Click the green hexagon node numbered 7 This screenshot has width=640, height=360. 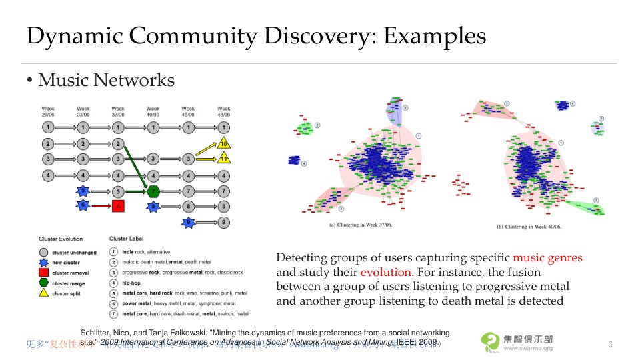tap(153, 191)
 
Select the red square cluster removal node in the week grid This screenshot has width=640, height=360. tap(118, 206)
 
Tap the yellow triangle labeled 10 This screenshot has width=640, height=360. tap(223, 143)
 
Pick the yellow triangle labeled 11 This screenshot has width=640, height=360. tap(223, 159)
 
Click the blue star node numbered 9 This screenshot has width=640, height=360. tap(189, 222)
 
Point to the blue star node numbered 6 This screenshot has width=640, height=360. tap(83, 206)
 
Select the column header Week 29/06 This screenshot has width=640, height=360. tap(48, 111)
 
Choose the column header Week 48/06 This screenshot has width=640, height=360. tap(223, 111)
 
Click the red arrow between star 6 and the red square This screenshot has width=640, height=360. tap(101, 206)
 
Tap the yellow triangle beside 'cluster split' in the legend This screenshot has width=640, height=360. tap(44, 293)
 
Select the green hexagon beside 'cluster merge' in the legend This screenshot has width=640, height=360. tap(44, 283)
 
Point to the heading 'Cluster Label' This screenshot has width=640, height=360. tap(126, 239)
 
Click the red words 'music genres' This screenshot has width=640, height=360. tap(547, 258)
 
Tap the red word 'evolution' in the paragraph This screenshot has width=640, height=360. tap(385, 273)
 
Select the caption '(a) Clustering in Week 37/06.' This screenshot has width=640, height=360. tap(361, 225)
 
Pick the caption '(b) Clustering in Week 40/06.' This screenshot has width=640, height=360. tap(529, 227)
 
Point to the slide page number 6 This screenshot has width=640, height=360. tap(610, 344)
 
